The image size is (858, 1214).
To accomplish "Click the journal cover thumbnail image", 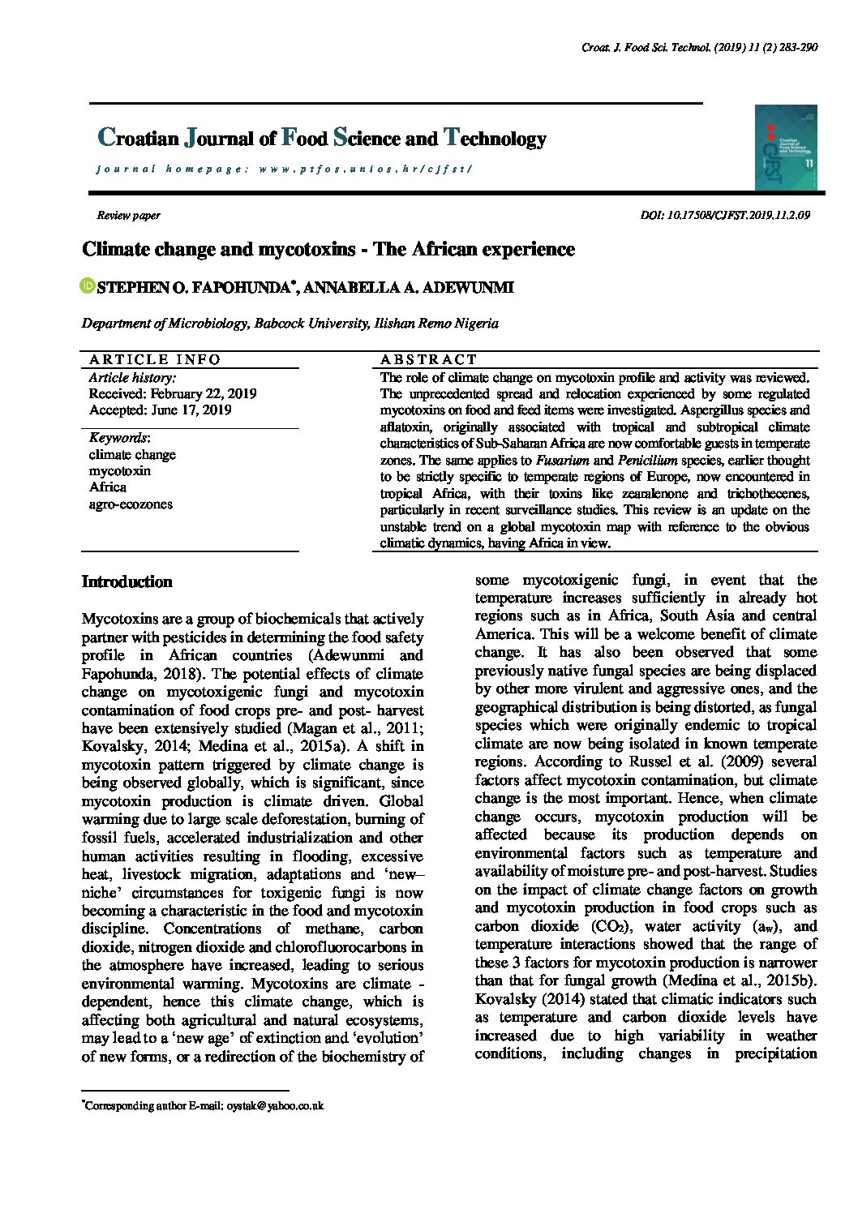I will pyautogui.click(x=786, y=148).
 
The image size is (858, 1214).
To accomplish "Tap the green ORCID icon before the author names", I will pyautogui.click(x=88, y=286).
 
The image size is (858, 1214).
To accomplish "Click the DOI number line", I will pyautogui.click(x=725, y=216).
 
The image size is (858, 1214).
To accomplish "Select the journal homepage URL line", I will pyautogui.click(x=284, y=169).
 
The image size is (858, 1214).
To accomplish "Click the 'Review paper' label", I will pyautogui.click(x=128, y=216).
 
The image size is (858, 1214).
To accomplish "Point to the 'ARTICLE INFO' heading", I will pyautogui.click(x=155, y=359).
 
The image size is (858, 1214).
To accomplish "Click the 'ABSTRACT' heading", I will pyautogui.click(x=429, y=359).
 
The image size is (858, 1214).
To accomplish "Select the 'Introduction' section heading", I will pyautogui.click(x=127, y=581).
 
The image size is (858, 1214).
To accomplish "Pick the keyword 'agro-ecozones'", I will pyautogui.click(x=131, y=504).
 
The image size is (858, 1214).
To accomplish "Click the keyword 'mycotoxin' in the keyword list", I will pyautogui.click(x=119, y=471).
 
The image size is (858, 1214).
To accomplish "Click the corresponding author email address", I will pyautogui.click(x=275, y=1105).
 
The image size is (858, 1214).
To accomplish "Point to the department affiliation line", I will pyautogui.click(x=290, y=324).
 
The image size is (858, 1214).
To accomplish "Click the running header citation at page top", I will pyautogui.click(x=699, y=48).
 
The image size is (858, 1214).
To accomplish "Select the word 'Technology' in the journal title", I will pyautogui.click(x=495, y=139).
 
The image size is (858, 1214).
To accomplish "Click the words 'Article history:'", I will pyautogui.click(x=132, y=378).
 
